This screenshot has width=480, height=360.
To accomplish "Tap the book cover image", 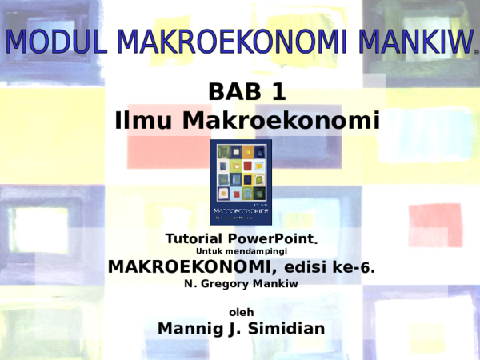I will click(x=241, y=182).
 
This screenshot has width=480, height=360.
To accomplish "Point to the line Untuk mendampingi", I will click(x=241, y=252).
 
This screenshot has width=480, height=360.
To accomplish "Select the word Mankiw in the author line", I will click(x=279, y=283).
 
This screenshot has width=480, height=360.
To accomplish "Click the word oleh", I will click(x=241, y=311).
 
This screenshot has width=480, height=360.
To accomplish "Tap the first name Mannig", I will click(x=190, y=328).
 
